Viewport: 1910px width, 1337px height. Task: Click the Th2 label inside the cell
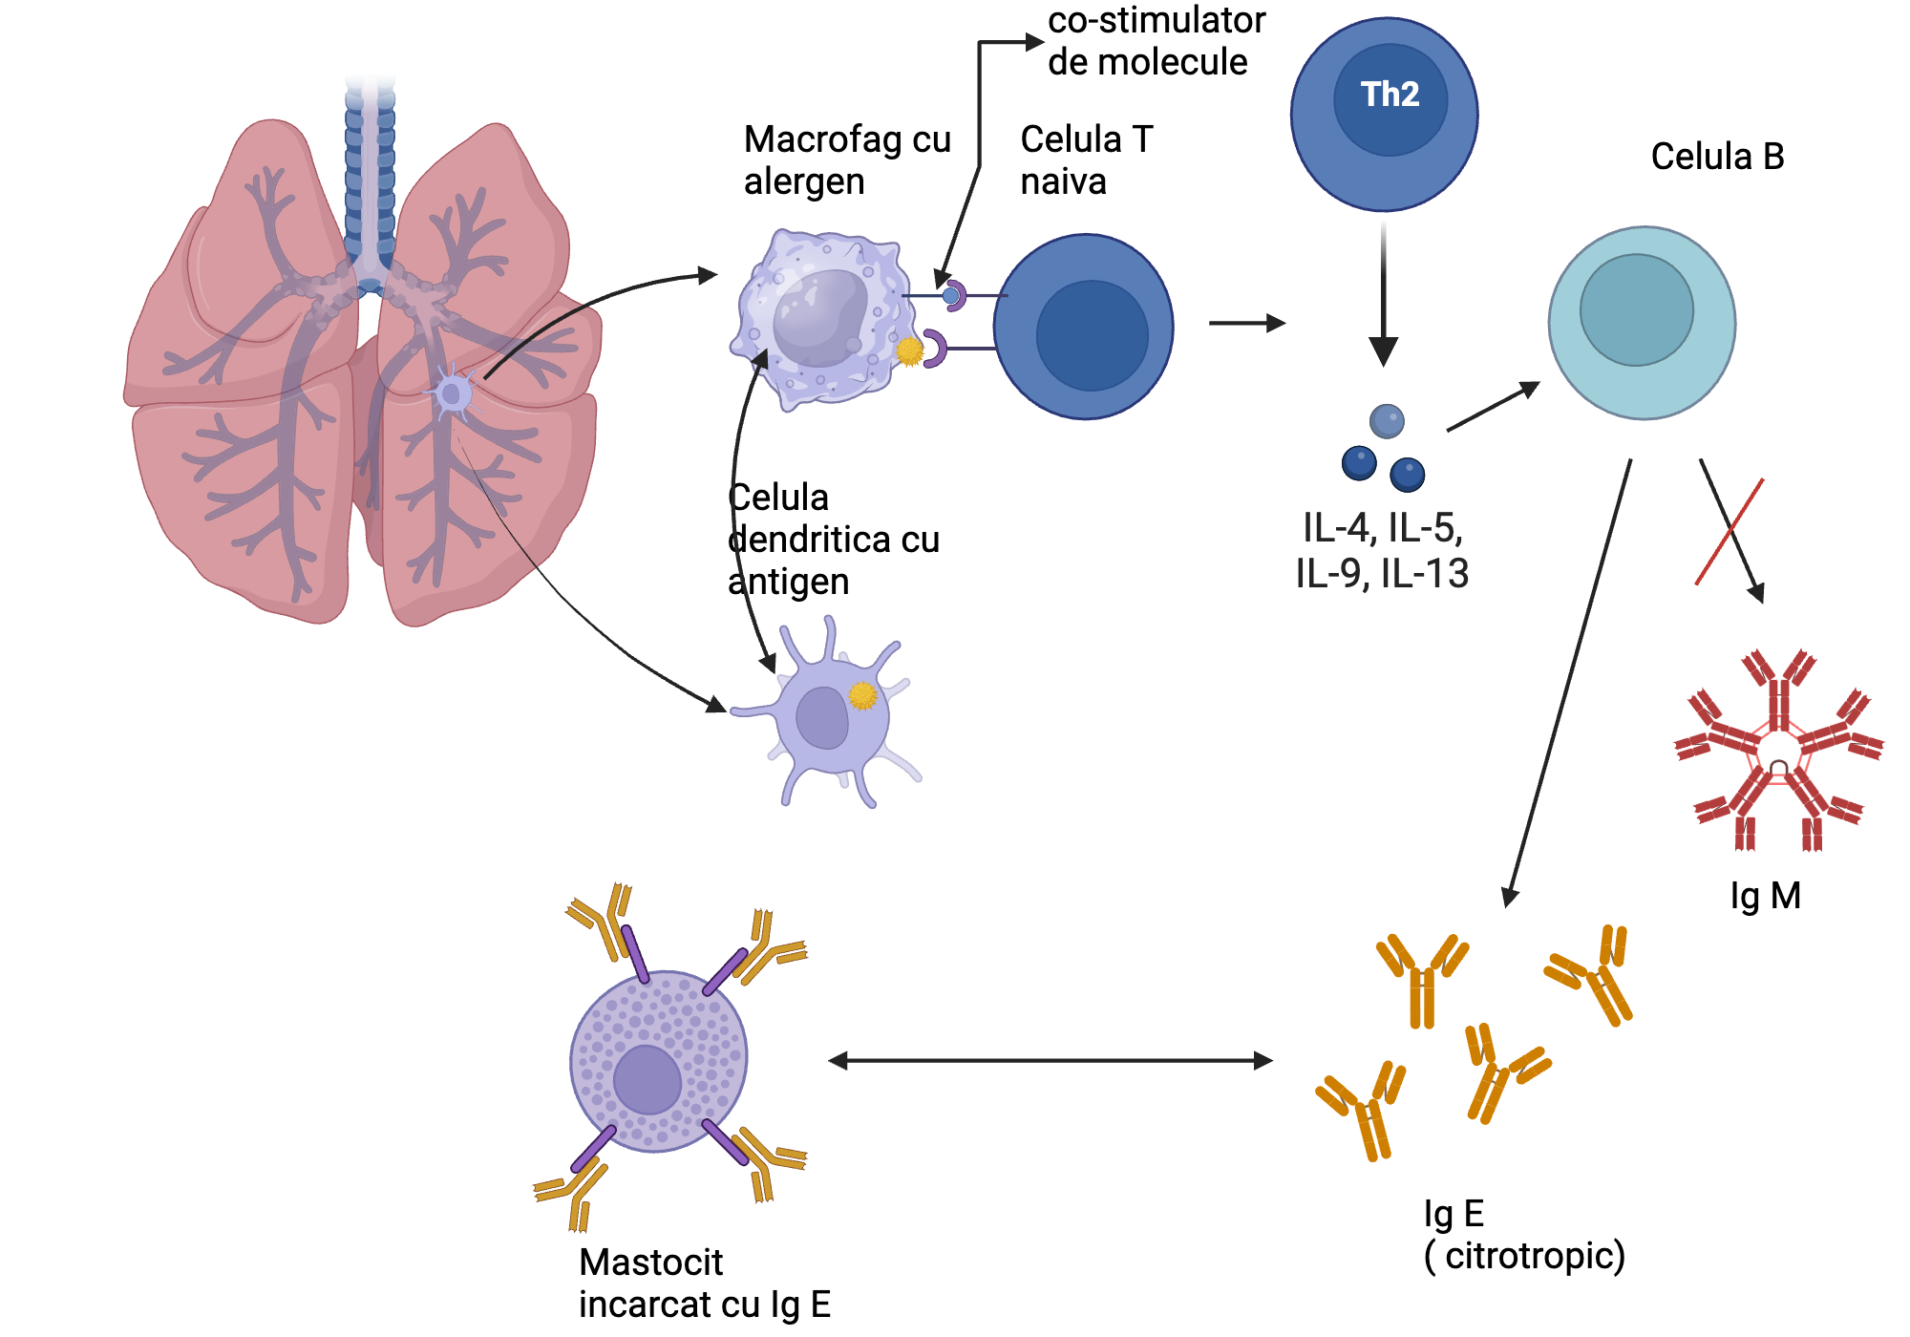click(x=1390, y=95)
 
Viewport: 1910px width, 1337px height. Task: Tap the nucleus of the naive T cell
click(x=1092, y=335)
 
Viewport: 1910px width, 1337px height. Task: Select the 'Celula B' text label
click(x=1717, y=157)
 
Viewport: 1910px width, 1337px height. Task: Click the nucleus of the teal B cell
click(x=1636, y=309)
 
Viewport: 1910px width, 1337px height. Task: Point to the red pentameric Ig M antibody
click(x=1778, y=751)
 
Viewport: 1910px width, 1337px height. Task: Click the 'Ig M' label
click(x=1765, y=896)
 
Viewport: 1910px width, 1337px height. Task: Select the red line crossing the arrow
click(x=1730, y=531)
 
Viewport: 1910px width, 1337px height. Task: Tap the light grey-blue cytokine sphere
click(x=1386, y=420)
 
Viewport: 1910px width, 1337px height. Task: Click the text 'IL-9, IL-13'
click(x=1381, y=573)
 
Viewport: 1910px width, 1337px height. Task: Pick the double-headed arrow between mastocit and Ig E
click(x=1050, y=1060)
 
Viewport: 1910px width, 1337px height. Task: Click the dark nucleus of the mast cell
click(x=647, y=1079)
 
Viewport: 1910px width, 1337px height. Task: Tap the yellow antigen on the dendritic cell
click(x=862, y=695)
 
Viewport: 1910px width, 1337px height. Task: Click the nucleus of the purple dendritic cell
click(x=821, y=717)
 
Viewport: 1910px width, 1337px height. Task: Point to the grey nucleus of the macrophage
click(x=818, y=317)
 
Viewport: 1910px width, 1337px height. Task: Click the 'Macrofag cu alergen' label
click(x=847, y=159)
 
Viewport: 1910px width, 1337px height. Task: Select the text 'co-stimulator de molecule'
click(x=1155, y=40)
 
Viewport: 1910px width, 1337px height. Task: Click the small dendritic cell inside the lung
click(x=452, y=393)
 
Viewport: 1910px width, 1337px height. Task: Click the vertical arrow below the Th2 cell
click(x=1383, y=296)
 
